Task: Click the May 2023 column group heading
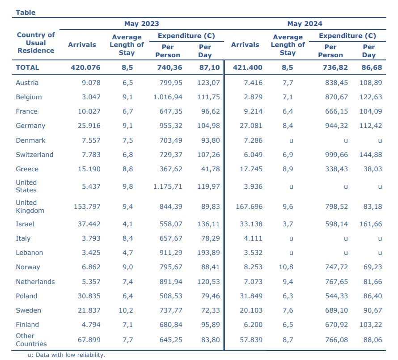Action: [142, 24]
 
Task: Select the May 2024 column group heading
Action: [305, 24]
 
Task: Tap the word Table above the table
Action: [25, 13]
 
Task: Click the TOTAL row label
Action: [27, 68]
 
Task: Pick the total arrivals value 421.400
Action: [247, 68]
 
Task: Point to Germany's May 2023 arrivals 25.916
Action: [89, 126]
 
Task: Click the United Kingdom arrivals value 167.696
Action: [249, 207]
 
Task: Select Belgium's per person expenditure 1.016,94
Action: [168, 97]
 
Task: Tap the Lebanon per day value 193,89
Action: [209, 253]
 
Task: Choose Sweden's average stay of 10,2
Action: [126, 310]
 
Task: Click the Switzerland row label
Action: [34, 155]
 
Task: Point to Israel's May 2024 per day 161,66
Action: [371, 224]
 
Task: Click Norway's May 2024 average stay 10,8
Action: [286, 267]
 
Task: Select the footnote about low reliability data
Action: [66, 355]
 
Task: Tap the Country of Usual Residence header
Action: [36, 42]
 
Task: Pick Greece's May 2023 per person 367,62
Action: [171, 169]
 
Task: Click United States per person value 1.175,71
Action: [168, 186]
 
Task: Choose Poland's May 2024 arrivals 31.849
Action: [251, 296]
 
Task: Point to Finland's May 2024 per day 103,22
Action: [371, 325]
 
